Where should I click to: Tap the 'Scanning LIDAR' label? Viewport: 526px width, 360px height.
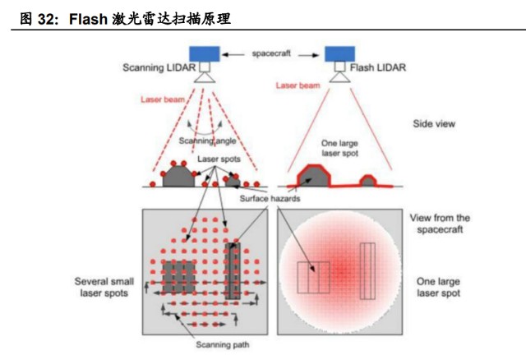(x=159, y=67)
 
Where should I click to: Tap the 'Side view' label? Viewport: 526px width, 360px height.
(x=434, y=124)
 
